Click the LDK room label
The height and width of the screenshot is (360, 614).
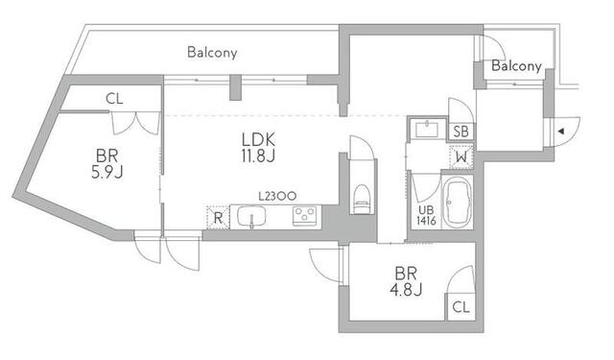258,139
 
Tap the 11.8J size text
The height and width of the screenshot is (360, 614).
258,156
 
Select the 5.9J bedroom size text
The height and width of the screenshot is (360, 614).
107,173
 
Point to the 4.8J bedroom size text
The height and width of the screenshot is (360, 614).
406,290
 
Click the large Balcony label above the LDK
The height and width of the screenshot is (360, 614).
212,53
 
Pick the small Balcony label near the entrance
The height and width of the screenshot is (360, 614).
516,66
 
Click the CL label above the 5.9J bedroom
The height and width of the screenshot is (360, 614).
114,99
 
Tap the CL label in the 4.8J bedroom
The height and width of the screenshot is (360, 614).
460,307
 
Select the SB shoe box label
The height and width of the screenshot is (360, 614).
460,132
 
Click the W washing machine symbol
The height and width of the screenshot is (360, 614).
461,157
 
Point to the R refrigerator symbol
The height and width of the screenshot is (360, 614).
218,218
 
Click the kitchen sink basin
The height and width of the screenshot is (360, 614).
251,217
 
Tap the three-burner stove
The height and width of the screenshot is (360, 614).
305,216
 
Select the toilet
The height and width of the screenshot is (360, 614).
361,199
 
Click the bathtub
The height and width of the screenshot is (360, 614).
457,203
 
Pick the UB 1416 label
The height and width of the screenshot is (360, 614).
426,215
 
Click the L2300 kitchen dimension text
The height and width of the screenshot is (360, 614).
277,196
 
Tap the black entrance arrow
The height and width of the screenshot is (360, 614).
560,132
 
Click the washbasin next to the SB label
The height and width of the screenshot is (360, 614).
427,130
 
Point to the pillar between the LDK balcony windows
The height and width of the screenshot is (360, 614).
236,87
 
